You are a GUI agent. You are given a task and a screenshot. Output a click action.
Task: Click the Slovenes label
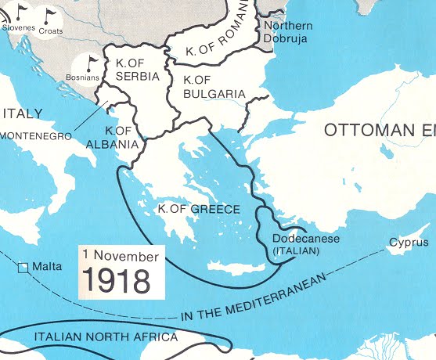(x=18, y=27)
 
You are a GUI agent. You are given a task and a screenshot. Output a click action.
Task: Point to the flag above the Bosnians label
(x=92, y=62)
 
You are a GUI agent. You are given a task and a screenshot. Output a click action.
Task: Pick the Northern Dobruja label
(x=286, y=31)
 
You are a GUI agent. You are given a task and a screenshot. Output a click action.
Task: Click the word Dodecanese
(x=305, y=239)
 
